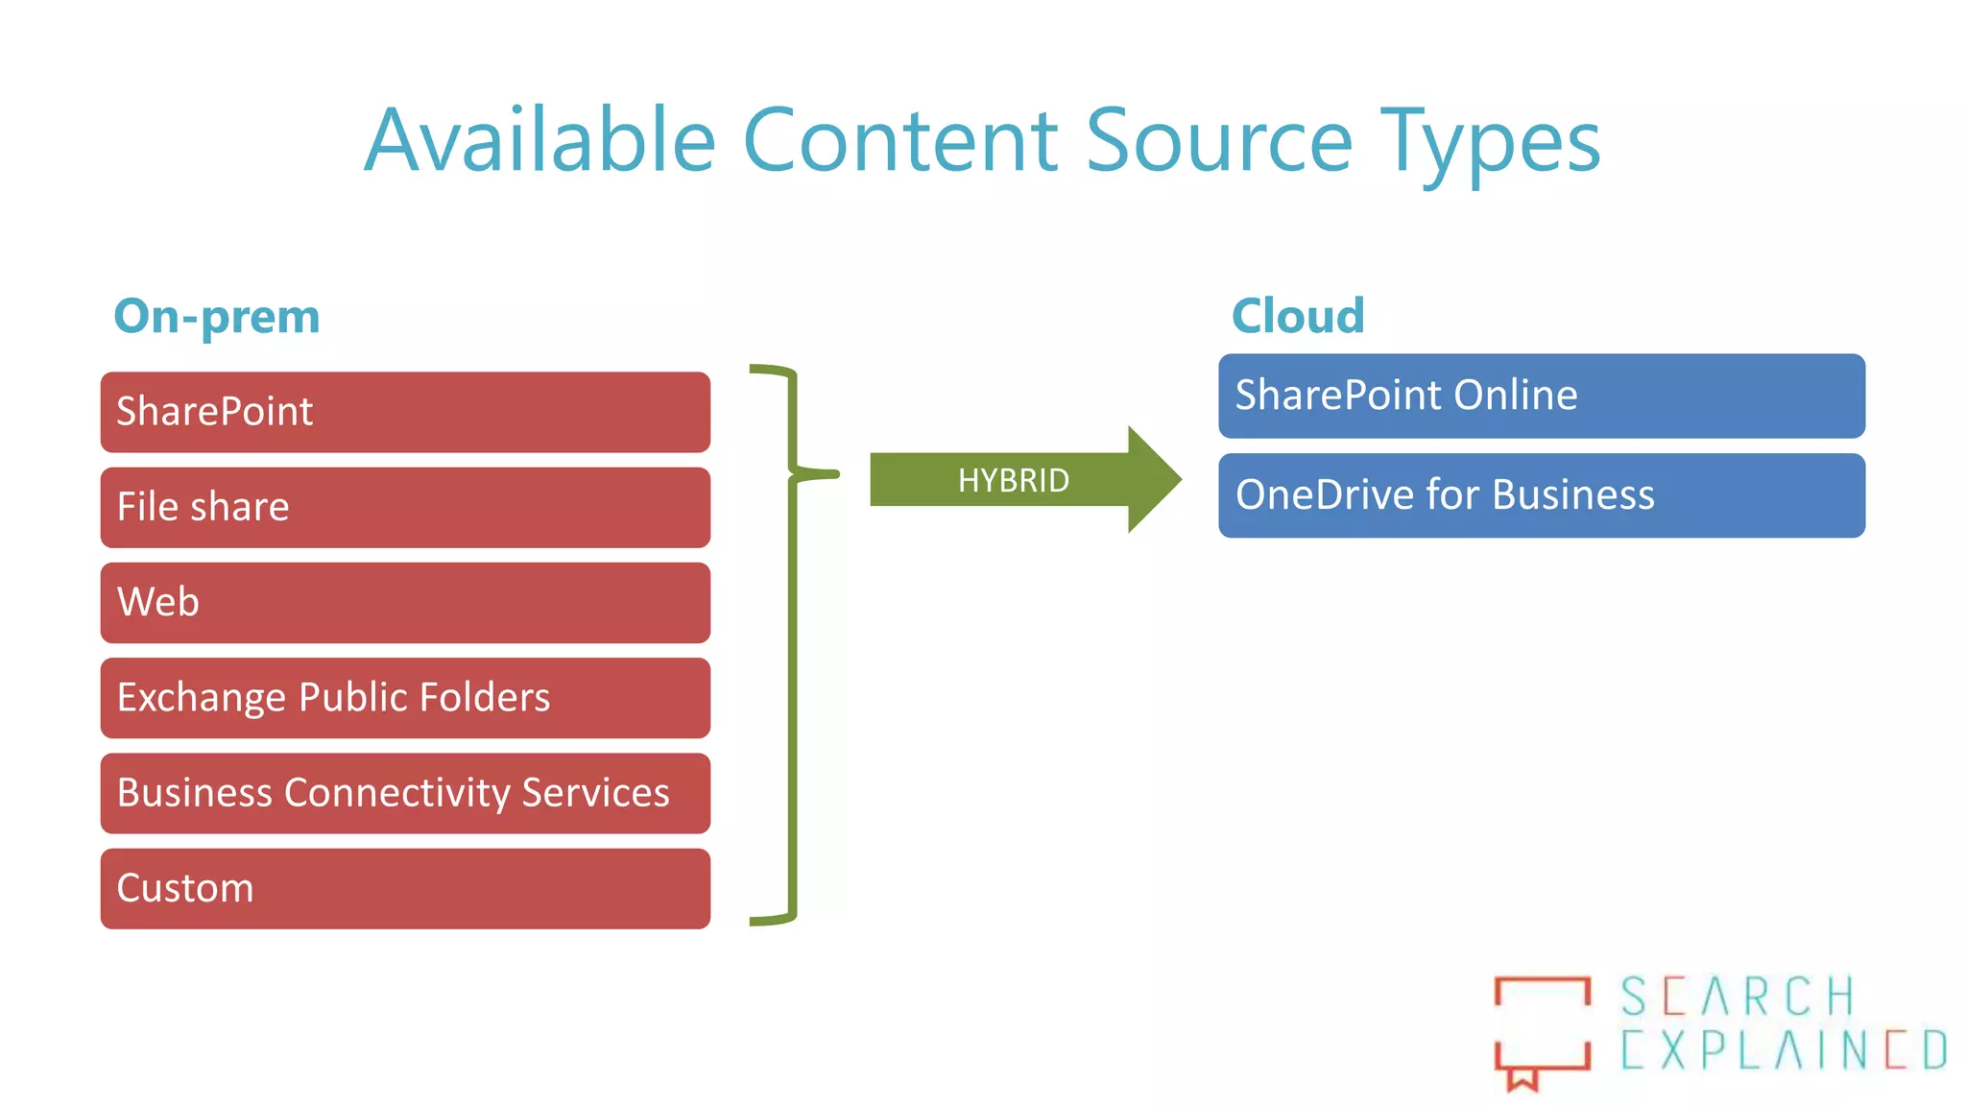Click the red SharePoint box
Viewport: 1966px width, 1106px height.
[405, 412]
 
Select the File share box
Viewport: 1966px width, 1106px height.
[405, 507]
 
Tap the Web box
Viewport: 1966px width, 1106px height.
[405, 602]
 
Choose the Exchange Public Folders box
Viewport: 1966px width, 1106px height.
[405, 697]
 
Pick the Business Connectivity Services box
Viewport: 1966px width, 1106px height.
[405, 793]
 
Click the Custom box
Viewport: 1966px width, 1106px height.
[405, 888]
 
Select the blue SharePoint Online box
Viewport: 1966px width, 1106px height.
[1541, 396]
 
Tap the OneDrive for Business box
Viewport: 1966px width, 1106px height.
[1541, 495]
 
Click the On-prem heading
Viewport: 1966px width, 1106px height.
[217, 317]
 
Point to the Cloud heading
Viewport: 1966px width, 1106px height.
[1298, 316]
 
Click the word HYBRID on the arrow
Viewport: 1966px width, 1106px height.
[1013, 480]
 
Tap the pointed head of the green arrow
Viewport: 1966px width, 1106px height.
[1156, 479]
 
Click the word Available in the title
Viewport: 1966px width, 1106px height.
[540, 141]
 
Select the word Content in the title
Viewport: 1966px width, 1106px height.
[901, 141]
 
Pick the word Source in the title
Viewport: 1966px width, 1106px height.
[1219, 141]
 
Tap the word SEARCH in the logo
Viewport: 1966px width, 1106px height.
[1738, 997]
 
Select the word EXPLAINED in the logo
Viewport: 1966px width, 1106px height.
[1784, 1049]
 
